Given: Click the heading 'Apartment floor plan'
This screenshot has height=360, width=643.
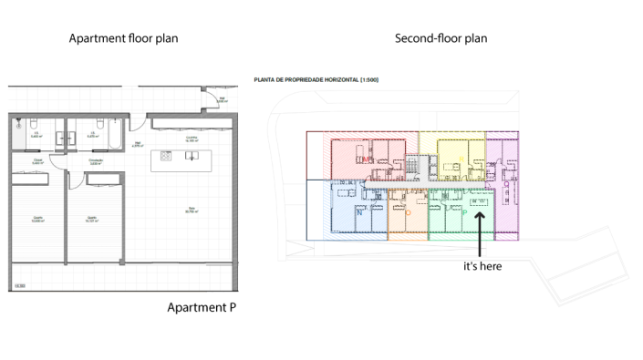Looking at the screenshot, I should click(124, 39).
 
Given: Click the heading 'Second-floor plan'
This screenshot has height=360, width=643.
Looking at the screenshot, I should click(441, 39).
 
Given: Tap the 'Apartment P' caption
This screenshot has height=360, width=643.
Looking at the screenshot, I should click(202, 307).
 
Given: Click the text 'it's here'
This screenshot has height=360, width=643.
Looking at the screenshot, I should click(482, 266).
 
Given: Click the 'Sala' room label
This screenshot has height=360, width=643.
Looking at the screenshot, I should click(192, 209).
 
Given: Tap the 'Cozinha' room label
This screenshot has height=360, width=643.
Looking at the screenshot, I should click(192, 139).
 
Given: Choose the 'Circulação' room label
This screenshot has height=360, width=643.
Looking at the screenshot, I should click(95, 161).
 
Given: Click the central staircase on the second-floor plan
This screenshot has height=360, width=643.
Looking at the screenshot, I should click(416, 165).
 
